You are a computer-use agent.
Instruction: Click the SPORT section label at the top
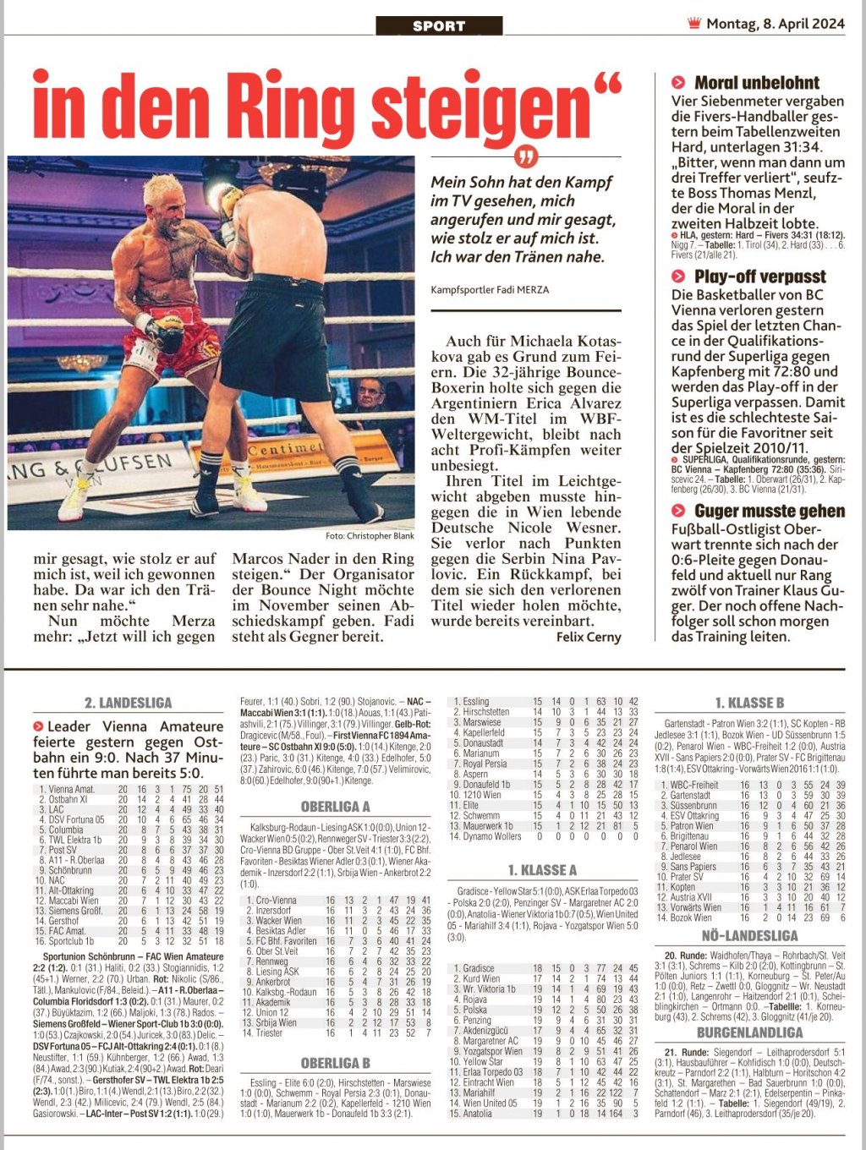[439, 26]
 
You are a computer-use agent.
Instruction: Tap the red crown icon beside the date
[694, 24]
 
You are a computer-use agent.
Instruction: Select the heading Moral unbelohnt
[756, 83]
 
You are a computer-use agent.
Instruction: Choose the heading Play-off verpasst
[759, 277]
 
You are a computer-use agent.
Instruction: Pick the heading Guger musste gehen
[769, 511]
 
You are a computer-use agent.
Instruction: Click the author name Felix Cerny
[588, 637]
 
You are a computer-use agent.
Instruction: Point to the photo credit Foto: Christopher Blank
[370, 536]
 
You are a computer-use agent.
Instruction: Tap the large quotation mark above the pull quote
[526, 157]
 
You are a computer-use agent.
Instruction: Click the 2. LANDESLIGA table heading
[128, 703]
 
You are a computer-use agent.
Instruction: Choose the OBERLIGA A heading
[336, 806]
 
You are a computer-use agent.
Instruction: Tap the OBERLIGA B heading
[336, 1063]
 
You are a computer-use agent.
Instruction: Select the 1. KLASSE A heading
[542, 869]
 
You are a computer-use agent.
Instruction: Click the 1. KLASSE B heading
[749, 703]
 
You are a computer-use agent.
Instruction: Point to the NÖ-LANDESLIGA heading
[749, 935]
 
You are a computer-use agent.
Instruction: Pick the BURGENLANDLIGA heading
[749, 1032]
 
